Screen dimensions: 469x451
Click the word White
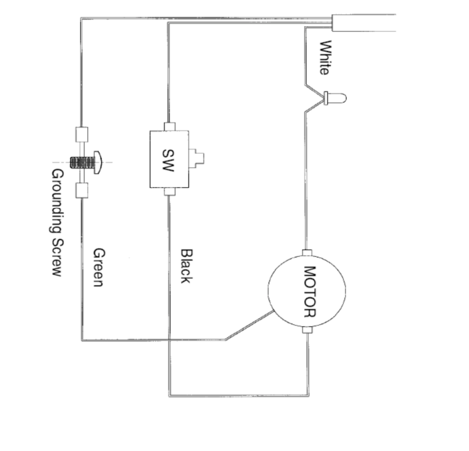pos(325,58)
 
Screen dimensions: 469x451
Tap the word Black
pos(186,266)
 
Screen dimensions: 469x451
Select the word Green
pos(99,267)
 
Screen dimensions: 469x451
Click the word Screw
pos(57,257)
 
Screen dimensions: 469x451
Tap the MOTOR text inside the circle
pos(309,291)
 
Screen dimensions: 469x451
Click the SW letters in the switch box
pos(168,160)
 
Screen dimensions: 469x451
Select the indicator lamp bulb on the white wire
pos(336,98)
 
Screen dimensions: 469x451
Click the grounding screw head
pos(98,162)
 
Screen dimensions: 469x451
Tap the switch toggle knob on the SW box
pos(197,158)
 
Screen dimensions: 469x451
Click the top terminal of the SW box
pos(170,127)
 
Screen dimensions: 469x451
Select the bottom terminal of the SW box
pos(170,191)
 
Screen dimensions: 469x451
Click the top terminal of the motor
pos(307,253)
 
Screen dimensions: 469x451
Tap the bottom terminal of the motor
pos(307,330)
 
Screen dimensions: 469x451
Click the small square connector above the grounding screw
pos(82,134)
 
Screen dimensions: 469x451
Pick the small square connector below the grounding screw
pos(82,191)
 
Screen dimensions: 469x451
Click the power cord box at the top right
pos(364,23)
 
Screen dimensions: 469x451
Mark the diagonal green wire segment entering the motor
pos(250,325)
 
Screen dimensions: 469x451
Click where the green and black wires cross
pos(169,340)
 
